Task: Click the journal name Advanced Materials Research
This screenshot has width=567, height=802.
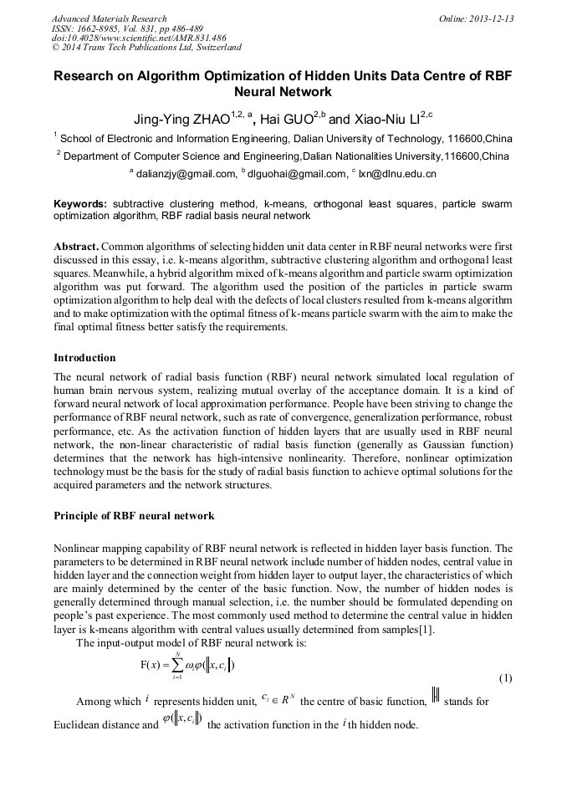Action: [109, 18]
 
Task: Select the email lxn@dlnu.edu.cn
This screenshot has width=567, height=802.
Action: [397, 174]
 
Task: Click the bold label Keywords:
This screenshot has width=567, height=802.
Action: [80, 204]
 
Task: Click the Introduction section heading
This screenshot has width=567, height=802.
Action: [84, 358]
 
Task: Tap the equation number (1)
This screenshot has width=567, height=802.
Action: [504, 677]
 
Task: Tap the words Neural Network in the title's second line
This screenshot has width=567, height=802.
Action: [283, 93]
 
